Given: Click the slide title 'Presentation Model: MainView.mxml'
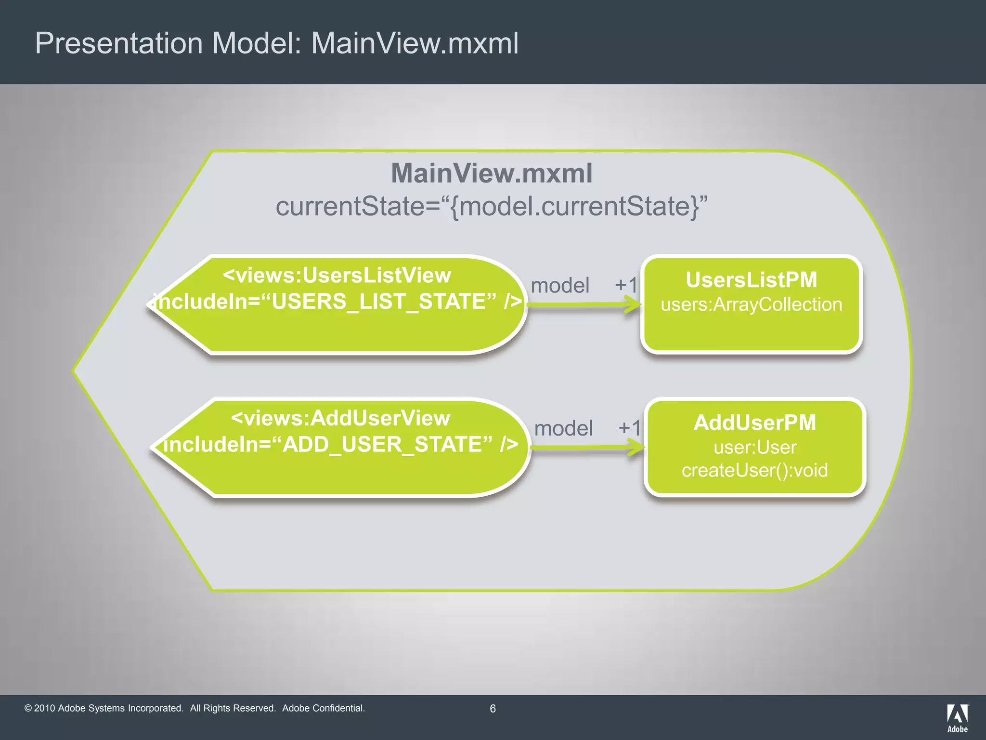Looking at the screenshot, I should (x=277, y=43).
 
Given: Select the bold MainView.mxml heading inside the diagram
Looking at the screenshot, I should (x=492, y=173).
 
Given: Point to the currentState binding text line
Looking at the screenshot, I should (x=492, y=207).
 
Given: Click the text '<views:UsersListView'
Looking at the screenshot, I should (x=337, y=276).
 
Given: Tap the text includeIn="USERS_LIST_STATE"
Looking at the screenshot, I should (x=337, y=302).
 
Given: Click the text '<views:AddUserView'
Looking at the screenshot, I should (x=340, y=418).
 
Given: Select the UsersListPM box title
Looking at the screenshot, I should (x=751, y=280).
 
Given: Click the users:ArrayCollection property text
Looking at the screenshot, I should (x=751, y=305).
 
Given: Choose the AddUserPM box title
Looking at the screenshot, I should (x=754, y=423).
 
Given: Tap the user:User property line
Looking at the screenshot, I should (x=754, y=448).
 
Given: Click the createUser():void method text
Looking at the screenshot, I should (x=754, y=470).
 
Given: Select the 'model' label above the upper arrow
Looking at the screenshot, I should (x=560, y=286).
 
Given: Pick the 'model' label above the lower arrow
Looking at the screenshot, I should (x=563, y=428).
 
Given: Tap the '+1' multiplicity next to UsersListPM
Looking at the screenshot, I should (x=626, y=285).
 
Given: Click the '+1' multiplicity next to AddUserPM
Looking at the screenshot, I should (x=629, y=428).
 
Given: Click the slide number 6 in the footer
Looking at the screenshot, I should (x=493, y=708).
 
